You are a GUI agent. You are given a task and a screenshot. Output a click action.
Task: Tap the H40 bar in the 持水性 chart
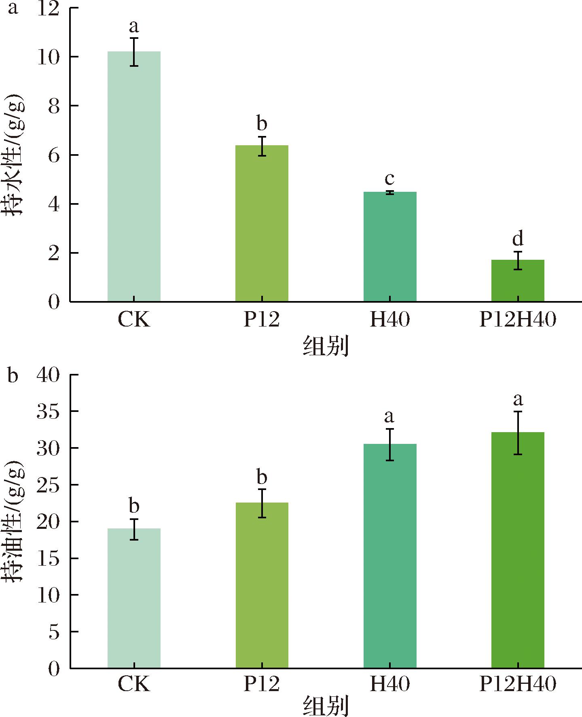pyautogui.click(x=390, y=246)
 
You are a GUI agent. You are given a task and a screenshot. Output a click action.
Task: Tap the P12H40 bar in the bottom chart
pyautogui.click(x=518, y=550)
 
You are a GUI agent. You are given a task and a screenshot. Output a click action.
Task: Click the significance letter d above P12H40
pyautogui.click(x=518, y=239)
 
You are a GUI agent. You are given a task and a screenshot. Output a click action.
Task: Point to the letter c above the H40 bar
pyautogui.click(x=389, y=178)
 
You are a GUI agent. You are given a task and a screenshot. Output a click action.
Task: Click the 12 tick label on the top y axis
pyautogui.click(x=48, y=9)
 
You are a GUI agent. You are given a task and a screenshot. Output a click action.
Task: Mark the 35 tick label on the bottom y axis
pyautogui.click(x=48, y=412)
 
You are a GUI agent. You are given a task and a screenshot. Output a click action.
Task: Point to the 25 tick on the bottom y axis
pyautogui.click(x=48, y=485)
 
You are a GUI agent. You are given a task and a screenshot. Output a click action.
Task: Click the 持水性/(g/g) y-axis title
pyautogui.click(x=15, y=155)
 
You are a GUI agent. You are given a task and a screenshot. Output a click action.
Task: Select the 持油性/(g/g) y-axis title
pyautogui.click(x=15, y=521)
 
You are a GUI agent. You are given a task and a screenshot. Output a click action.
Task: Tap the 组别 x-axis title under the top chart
pyautogui.click(x=326, y=346)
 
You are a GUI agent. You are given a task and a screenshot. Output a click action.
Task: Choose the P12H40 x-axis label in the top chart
pyautogui.click(x=518, y=320)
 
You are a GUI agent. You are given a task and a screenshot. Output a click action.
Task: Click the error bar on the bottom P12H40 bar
pyautogui.click(x=518, y=433)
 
